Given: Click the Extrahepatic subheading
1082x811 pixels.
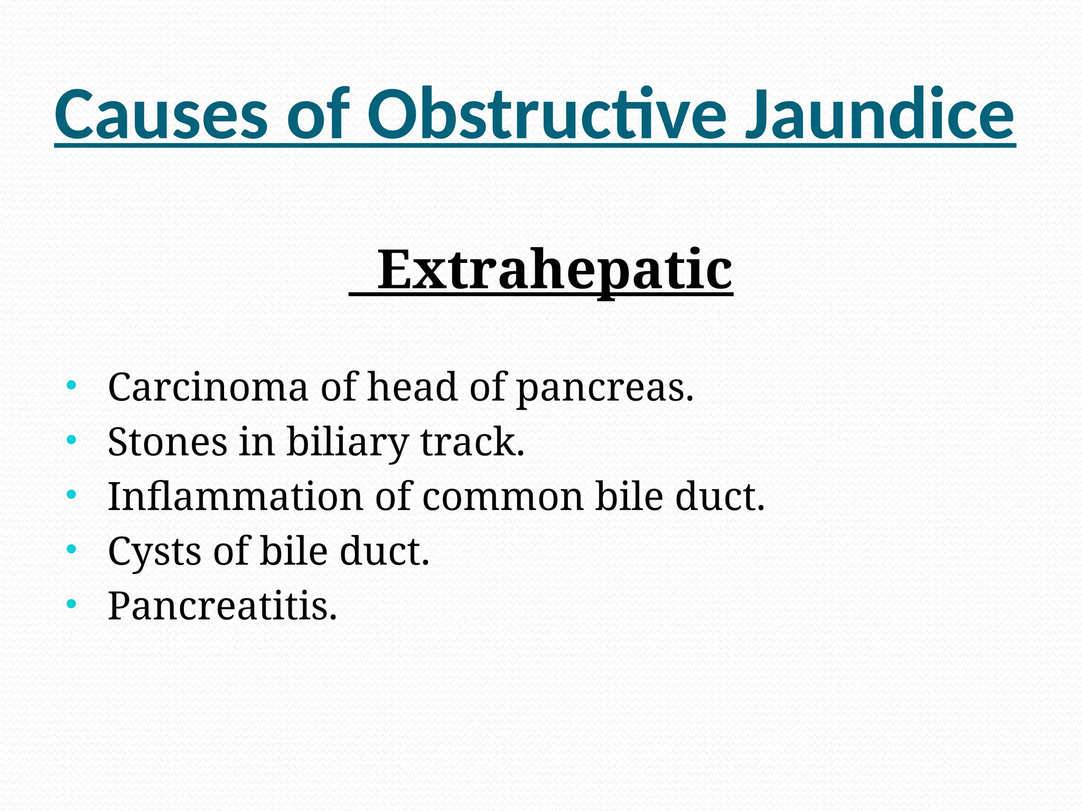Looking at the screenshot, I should [x=554, y=270].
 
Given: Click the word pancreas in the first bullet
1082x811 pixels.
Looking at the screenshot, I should [x=604, y=388].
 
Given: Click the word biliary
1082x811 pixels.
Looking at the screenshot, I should [x=347, y=442].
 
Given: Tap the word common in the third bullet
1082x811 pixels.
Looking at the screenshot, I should [x=503, y=497].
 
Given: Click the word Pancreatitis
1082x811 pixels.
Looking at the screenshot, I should [x=222, y=606].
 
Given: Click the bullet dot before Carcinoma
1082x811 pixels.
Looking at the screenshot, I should [x=71, y=385].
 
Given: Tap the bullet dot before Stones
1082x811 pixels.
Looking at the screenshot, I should [x=71, y=439].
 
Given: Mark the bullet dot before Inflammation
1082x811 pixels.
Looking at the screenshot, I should [x=71, y=494].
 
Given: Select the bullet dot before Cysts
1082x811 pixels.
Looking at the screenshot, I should [x=71, y=549].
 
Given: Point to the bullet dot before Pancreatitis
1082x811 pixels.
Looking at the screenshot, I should [x=71, y=603].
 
